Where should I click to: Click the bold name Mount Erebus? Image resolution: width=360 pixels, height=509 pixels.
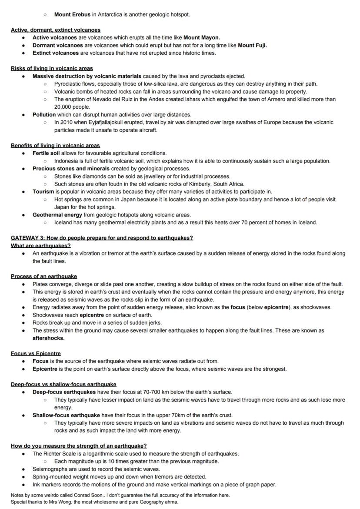point(72,14)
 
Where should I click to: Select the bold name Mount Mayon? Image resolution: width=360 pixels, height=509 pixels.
point(201,37)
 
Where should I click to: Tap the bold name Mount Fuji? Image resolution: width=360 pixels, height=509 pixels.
point(252,45)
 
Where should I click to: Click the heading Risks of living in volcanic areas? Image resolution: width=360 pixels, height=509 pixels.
point(52,68)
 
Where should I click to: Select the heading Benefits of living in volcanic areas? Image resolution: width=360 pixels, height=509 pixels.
point(55,145)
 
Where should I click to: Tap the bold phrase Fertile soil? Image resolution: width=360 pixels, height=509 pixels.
point(46,153)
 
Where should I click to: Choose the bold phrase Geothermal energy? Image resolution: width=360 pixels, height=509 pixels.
point(57,215)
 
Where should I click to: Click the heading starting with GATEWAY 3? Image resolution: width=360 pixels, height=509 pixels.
point(102,238)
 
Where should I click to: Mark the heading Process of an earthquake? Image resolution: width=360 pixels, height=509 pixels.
point(44,276)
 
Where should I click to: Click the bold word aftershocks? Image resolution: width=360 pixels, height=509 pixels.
point(48,338)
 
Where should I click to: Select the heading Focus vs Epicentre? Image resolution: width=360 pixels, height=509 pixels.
point(36,353)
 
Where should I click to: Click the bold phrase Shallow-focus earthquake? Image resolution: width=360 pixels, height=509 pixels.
point(66,415)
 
